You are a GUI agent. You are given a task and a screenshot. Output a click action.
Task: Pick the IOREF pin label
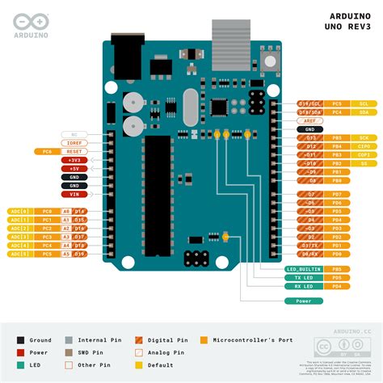point(74,142)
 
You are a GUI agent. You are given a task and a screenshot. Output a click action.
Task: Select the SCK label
point(364,138)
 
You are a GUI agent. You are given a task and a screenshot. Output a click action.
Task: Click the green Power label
point(304,301)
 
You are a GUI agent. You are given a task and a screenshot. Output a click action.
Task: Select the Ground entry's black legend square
point(21,340)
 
